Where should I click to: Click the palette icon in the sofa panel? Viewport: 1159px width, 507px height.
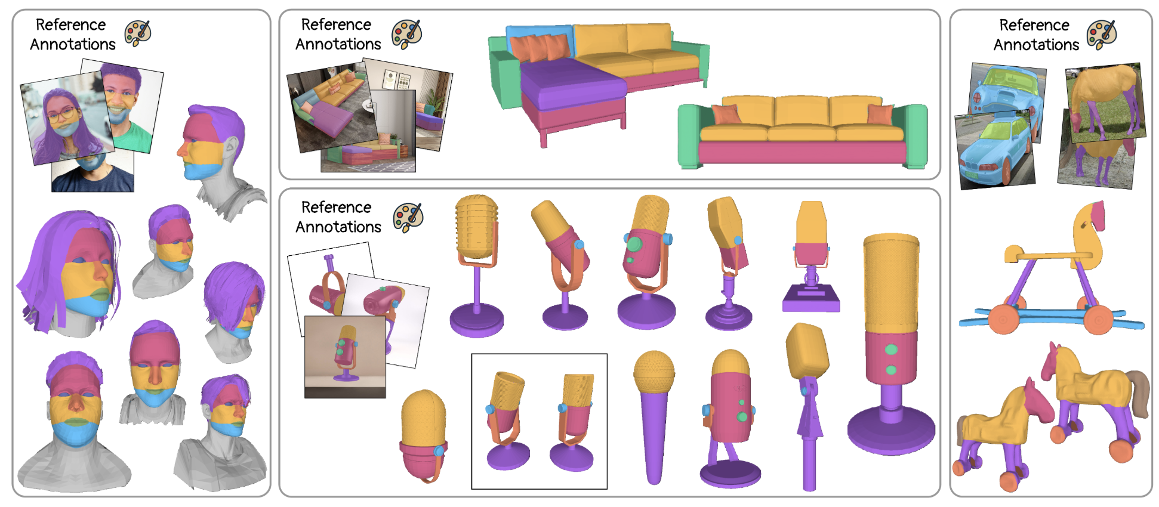pyautogui.click(x=407, y=34)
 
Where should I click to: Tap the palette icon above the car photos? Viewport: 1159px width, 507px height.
pyautogui.click(x=1102, y=35)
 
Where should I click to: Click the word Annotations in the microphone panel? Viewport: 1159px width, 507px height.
pyautogui.click(x=338, y=227)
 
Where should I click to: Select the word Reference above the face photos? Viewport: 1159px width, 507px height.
pyautogui.click(x=70, y=24)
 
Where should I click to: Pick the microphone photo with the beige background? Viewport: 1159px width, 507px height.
pyautogui.click(x=345, y=357)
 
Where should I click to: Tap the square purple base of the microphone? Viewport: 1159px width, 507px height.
pyautogui.click(x=811, y=298)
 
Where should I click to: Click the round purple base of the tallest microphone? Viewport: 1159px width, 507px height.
pyautogui.click(x=891, y=429)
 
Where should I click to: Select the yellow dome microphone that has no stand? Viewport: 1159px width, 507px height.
pyautogui.click(x=424, y=435)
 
